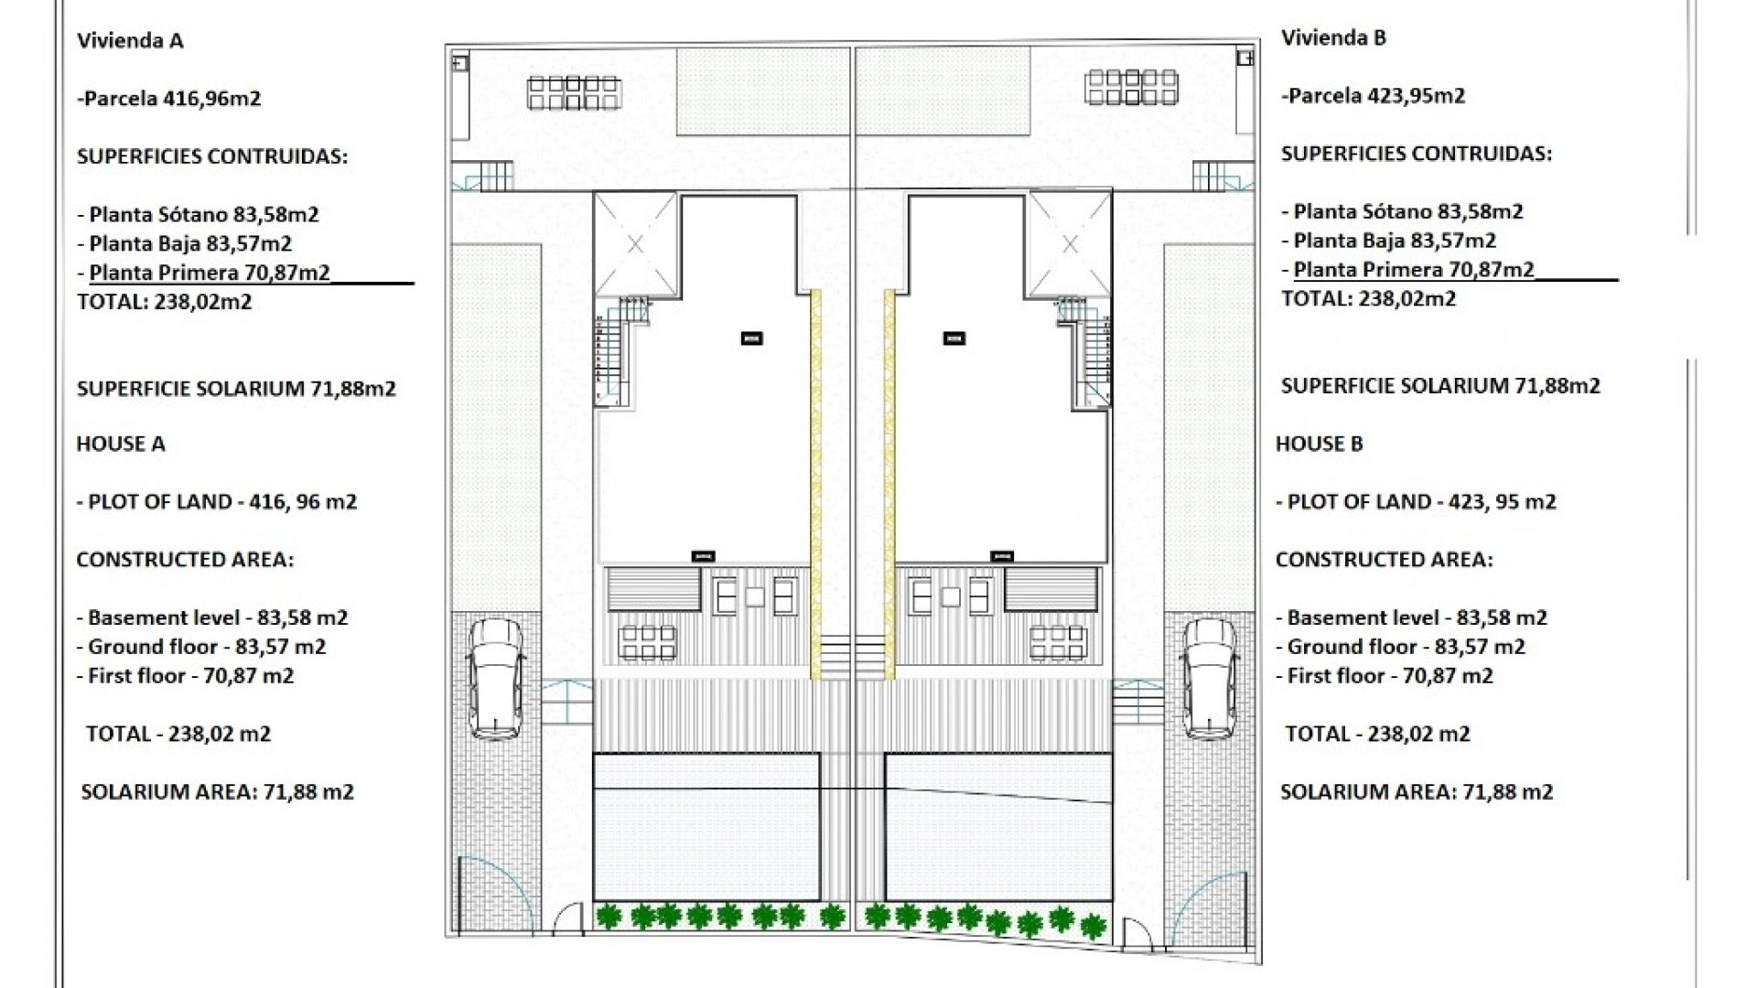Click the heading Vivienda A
point(130,40)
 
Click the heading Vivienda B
point(1333,38)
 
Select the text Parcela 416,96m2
point(171,99)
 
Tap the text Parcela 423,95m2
point(1375,96)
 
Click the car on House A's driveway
point(495,677)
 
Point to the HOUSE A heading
point(121,445)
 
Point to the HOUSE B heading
point(1319,445)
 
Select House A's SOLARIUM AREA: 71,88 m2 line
point(218,792)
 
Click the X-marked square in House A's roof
point(635,244)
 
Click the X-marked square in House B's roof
point(1070,244)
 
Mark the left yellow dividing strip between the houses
point(815,485)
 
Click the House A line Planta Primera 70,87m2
point(210,273)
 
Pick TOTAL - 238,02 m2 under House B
point(1377,734)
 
